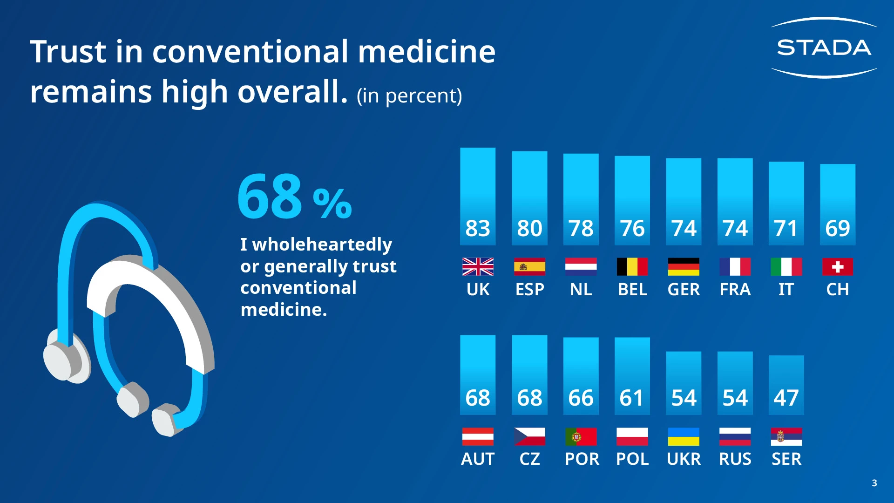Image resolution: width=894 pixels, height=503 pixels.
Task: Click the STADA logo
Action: click(824, 48)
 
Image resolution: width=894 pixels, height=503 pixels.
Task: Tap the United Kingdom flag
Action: click(478, 267)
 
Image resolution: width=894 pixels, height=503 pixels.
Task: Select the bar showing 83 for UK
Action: click(478, 196)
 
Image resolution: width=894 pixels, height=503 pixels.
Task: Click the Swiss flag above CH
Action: click(837, 267)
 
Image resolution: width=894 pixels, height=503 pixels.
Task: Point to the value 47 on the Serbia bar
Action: click(786, 398)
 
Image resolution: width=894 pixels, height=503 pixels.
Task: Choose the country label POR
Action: click(582, 459)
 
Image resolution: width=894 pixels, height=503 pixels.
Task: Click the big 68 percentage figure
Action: click(270, 197)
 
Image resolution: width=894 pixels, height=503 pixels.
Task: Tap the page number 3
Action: click(874, 483)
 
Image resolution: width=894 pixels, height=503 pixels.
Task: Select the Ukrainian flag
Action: click(684, 437)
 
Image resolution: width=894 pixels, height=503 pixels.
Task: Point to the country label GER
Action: click(684, 290)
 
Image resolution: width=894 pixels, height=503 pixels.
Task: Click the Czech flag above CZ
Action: click(529, 437)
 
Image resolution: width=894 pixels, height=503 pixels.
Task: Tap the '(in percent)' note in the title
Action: click(409, 96)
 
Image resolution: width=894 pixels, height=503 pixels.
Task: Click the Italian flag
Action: click(786, 267)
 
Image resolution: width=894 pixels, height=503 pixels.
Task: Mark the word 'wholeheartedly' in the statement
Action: click(322, 245)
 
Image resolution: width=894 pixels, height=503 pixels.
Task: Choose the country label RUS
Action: click(735, 459)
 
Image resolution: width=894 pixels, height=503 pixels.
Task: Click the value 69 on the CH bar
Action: click(837, 228)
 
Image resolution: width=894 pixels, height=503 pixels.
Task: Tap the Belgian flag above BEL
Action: click(632, 267)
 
